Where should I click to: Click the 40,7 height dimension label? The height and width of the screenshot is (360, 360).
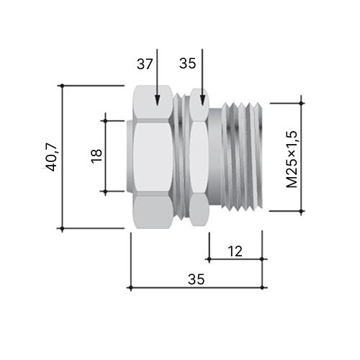point(51,158)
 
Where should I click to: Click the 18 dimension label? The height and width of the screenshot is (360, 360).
point(96,156)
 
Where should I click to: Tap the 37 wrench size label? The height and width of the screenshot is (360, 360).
point(145,64)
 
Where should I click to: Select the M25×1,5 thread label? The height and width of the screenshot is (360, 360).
point(292,159)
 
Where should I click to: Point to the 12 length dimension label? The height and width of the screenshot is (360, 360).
point(235,251)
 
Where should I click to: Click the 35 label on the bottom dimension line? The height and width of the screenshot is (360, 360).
point(196,279)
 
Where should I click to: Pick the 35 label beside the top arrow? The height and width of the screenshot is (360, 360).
point(187,63)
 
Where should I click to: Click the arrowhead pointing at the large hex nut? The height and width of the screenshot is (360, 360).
point(157,100)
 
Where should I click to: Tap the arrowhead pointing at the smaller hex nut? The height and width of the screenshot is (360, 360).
point(202,100)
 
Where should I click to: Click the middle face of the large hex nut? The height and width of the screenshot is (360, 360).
point(153,157)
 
